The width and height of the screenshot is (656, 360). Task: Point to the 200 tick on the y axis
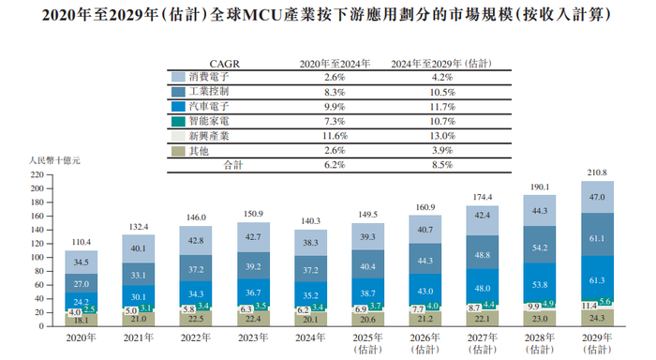tap(37, 188)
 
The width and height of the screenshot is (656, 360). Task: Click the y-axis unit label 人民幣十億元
tap(44, 162)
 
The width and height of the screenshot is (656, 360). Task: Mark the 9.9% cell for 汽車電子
tap(321, 107)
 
